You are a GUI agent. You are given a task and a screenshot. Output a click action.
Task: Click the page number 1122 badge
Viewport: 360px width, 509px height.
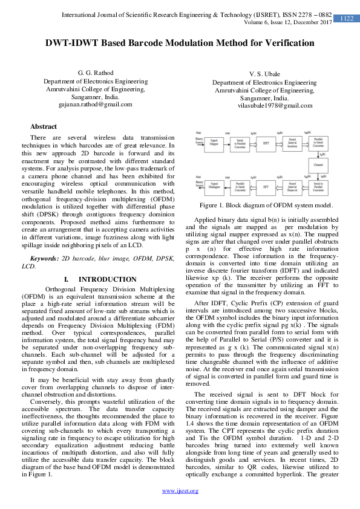[x=346, y=19]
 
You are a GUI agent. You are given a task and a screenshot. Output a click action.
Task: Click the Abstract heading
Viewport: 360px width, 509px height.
[x=44, y=126]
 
